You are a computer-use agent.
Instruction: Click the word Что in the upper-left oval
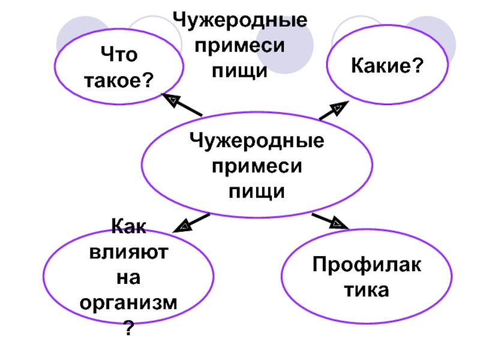(x=120, y=56)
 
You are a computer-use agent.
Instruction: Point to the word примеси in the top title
(x=240, y=46)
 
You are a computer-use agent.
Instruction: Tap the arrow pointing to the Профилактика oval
(x=331, y=220)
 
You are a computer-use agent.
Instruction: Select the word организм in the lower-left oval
(x=128, y=302)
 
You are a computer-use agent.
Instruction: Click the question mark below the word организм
(x=128, y=328)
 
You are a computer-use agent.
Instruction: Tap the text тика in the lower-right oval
(x=365, y=291)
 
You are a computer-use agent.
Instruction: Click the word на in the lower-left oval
(x=128, y=278)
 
